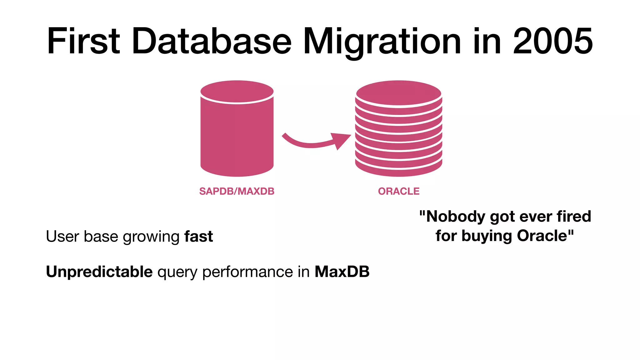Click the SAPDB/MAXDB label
click(237, 191)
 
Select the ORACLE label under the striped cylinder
click(399, 191)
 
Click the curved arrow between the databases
click(309, 142)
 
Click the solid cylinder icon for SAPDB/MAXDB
click(237, 134)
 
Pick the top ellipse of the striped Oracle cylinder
click(399, 93)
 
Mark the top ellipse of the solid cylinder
click(237, 92)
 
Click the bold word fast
click(199, 236)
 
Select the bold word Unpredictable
click(99, 272)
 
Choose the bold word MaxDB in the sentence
click(342, 272)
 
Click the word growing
click(151, 237)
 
